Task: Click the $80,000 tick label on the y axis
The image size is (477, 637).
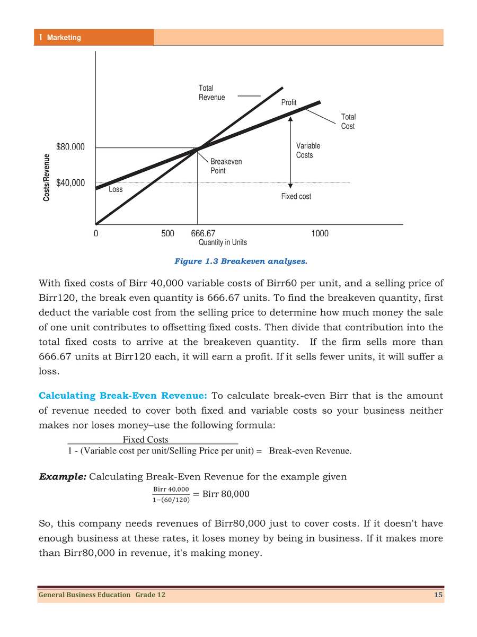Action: (x=70, y=147)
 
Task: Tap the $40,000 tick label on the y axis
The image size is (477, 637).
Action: (x=70, y=183)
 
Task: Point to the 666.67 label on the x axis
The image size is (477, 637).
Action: (x=203, y=233)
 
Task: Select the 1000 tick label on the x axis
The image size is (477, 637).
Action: (x=320, y=233)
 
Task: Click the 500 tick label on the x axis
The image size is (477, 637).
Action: (x=167, y=233)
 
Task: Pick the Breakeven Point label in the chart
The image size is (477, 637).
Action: (x=226, y=166)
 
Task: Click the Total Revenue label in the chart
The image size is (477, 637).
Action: (x=211, y=93)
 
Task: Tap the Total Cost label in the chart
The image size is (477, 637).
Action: (x=348, y=121)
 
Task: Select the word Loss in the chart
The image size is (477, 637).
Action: (x=116, y=189)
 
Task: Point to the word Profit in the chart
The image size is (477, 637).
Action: (x=289, y=102)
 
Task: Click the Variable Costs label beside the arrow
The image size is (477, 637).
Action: (x=308, y=151)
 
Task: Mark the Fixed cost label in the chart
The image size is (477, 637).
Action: (x=296, y=197)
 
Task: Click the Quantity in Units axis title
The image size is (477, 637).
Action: (x=223, y=242)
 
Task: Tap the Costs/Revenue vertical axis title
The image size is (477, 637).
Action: (x=47, y=178)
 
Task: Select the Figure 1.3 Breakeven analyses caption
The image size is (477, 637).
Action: (x=241, y=261)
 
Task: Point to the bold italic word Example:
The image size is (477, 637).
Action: (x=63, y=477)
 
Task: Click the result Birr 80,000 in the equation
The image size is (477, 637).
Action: (x=226, y=494)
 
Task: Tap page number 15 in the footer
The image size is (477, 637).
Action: (x=438, y=595)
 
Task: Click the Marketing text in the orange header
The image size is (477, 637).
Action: (x=64, y=38)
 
